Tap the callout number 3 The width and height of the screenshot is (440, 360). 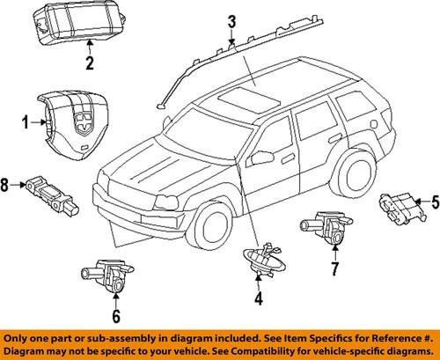pyautogui.click(x=231, y=21)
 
